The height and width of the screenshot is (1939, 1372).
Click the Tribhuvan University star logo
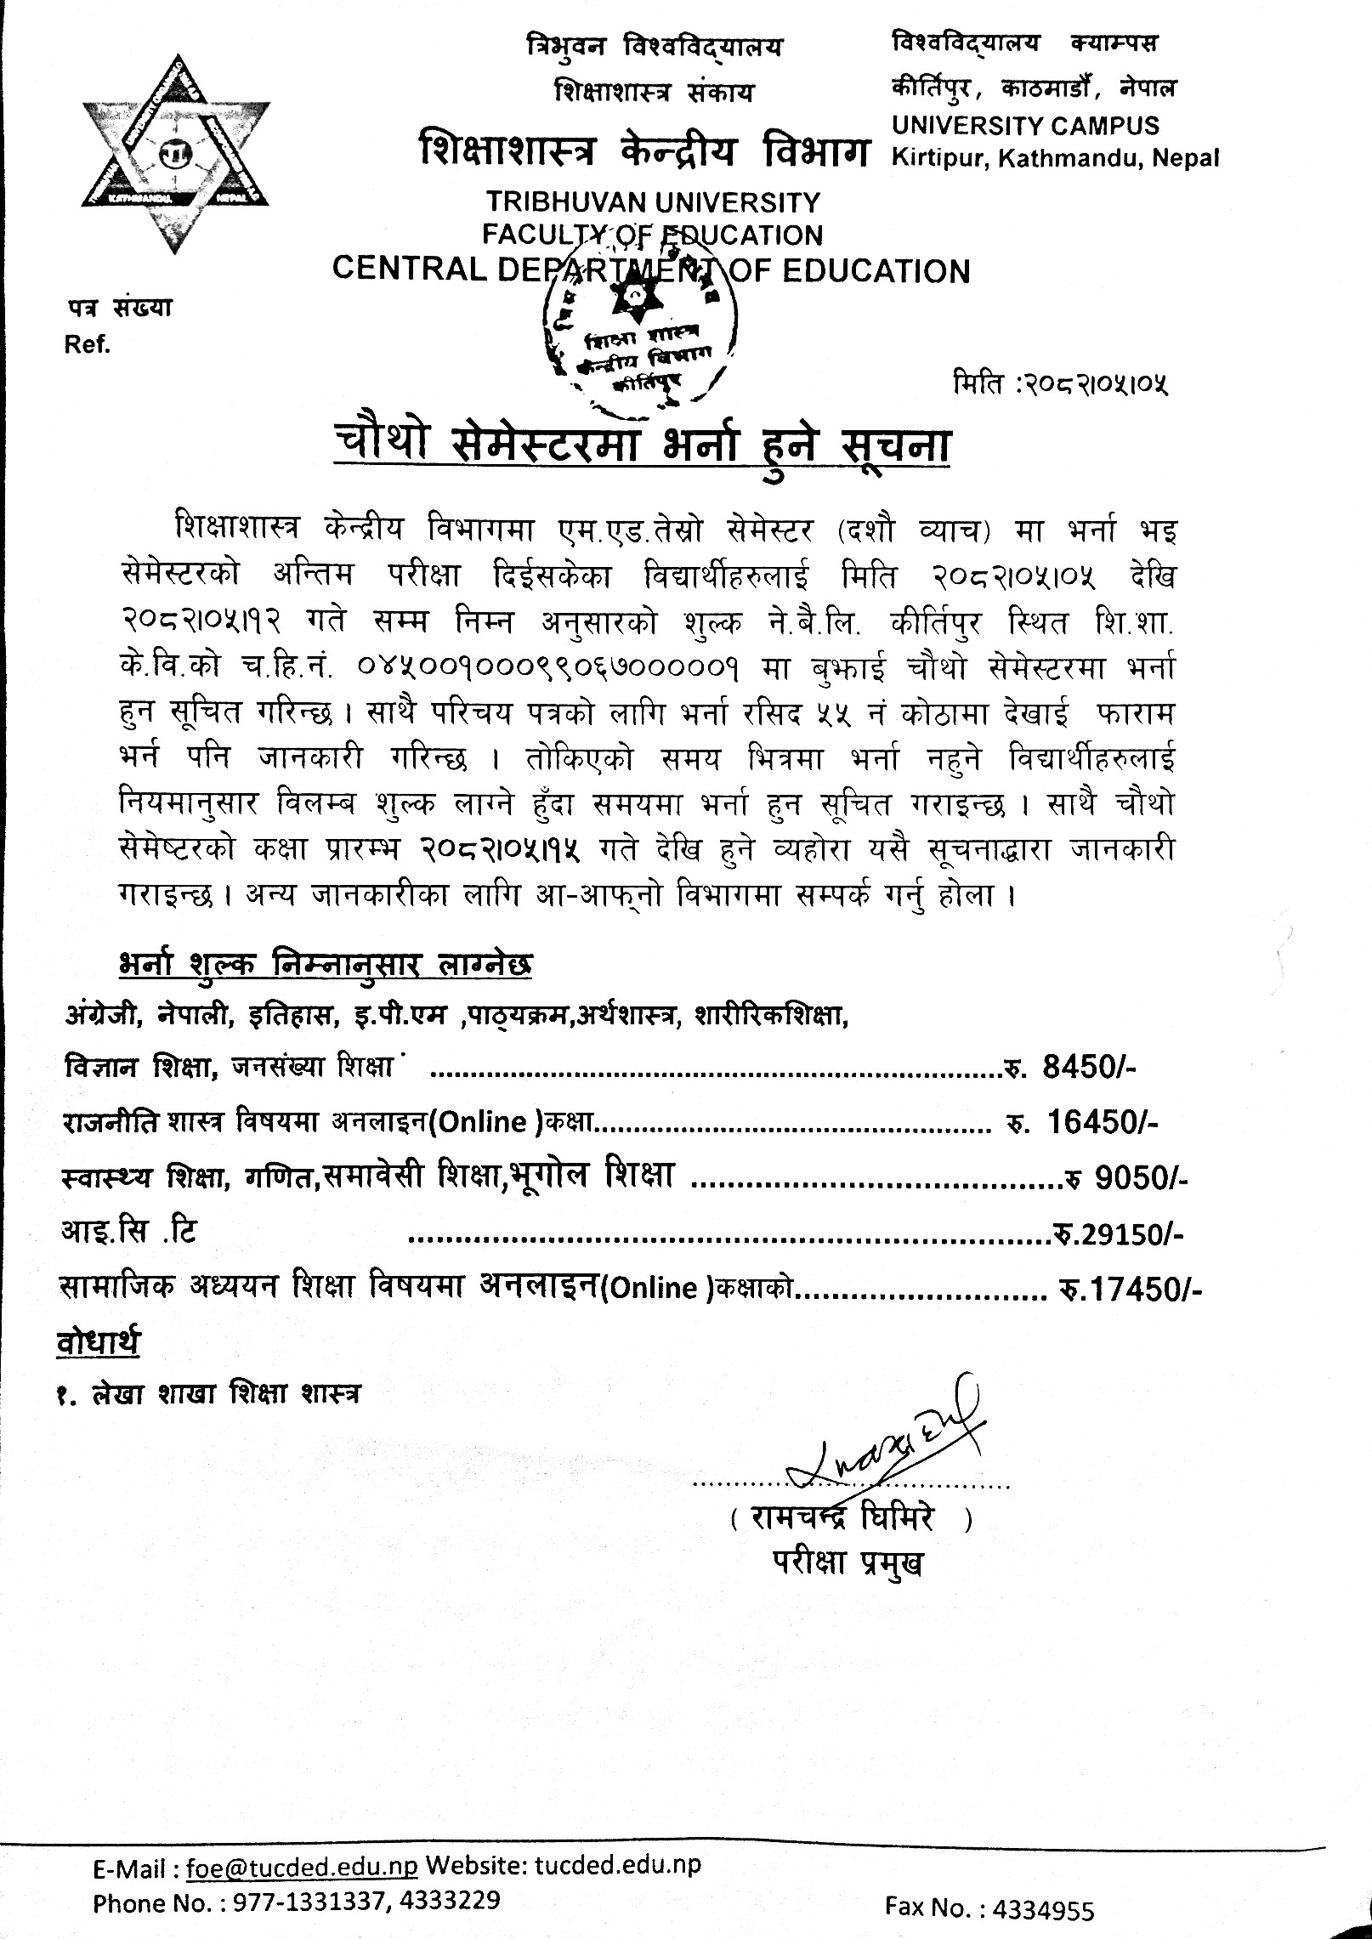point(175,154)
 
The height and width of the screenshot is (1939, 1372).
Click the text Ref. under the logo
point(88,345)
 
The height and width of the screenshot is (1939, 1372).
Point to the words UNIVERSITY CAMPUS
point(1025,126)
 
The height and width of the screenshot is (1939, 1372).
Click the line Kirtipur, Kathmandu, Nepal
point(1055,158)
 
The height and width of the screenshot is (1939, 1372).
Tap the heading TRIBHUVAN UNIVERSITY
point(653,202)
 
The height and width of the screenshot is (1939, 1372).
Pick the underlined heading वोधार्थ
point(98,1342)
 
